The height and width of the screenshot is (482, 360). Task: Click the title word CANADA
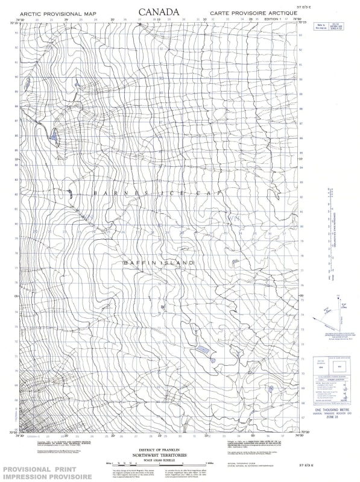tap(159, 11)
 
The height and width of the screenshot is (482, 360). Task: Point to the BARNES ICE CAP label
tap(158, 193)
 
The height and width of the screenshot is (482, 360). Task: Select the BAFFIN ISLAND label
tap(159, 263)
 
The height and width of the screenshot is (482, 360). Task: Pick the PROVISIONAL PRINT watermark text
tap(45, 468)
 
